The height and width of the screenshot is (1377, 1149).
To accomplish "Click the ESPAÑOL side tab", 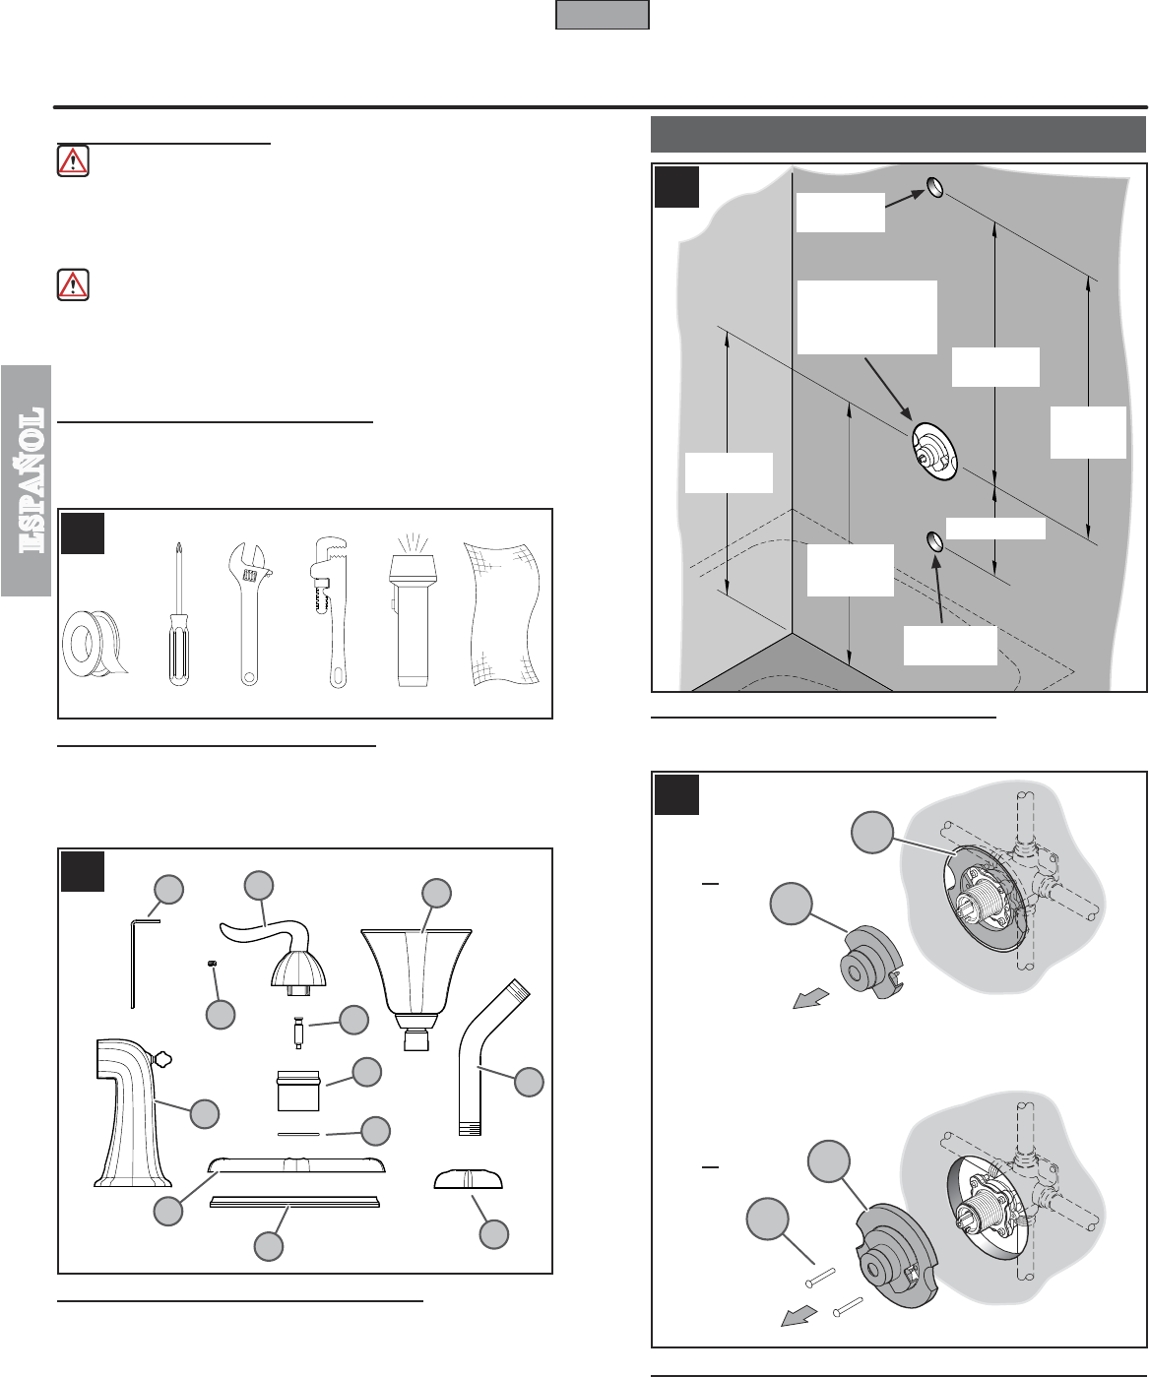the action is coord(26,480).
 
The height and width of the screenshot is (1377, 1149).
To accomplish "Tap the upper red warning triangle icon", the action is coord(73,160).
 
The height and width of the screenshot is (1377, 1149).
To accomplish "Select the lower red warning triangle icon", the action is coord(73,284).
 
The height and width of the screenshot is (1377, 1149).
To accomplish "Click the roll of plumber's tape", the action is coord(95,643).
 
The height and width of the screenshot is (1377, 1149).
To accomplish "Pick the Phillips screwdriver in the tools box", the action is coord(178,613).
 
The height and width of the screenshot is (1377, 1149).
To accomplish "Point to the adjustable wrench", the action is coord(249,613).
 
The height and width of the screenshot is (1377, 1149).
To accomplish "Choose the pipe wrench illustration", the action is coord(329,612).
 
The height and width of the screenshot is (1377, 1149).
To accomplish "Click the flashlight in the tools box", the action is coord(413,610).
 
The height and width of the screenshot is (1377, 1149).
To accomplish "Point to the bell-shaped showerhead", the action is coord(416,988).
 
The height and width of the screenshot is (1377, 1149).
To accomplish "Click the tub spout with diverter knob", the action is coord(133,1113).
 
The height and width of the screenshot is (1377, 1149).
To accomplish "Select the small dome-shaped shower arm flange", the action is coord(469,1178).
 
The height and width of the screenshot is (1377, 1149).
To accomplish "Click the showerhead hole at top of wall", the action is coord(935,187).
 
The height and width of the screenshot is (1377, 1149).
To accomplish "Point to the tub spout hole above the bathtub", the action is coord(934,542).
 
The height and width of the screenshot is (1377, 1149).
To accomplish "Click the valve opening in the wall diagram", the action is coord(934,452).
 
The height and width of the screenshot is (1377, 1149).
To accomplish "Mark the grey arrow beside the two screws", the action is coord(798,1317).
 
